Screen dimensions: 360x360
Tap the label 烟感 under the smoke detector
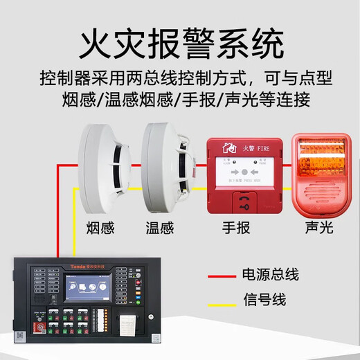click(x=100, y=227)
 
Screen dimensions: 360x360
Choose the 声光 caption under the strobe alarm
click(x=319, y=227)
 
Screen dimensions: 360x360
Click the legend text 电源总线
click(x=269, y=275)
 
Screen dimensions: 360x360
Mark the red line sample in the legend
click(x=222, y=276)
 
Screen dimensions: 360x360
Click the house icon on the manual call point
click(x=227, y=147)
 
